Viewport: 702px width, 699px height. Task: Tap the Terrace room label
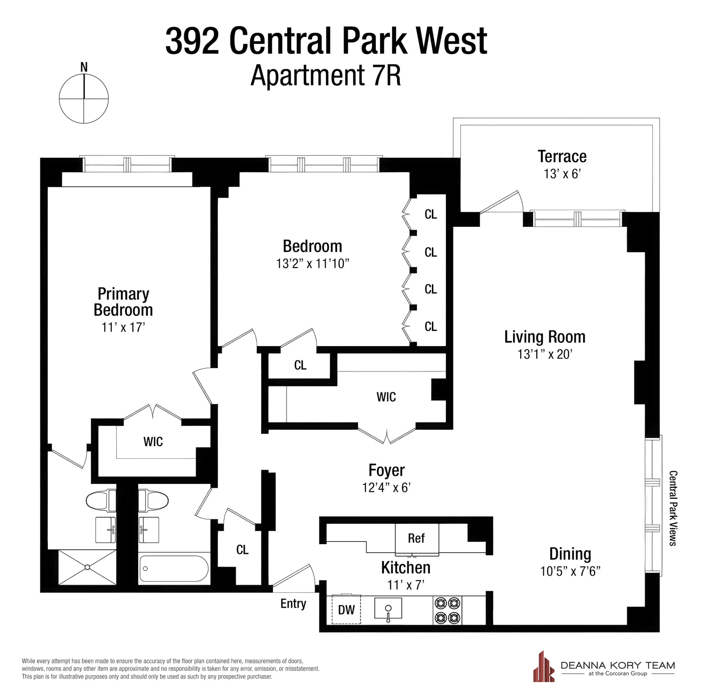[x=562, y=157]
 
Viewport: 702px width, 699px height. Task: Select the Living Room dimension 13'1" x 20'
[x=545, y=354]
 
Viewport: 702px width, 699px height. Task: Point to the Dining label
[x=570, y=554]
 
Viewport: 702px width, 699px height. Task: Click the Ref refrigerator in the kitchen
[x=416, y=538]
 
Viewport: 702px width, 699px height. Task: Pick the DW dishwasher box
[x=347, y=610]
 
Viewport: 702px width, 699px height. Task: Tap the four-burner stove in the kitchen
[x=447, y=610]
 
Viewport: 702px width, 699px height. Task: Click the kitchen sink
[x=388, y=609]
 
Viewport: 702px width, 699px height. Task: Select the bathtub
[x=174, y=569]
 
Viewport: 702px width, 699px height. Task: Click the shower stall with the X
[x=87, y=567]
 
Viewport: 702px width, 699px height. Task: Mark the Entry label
[x=293, y=604]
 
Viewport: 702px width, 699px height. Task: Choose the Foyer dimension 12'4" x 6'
[x=386, y=488]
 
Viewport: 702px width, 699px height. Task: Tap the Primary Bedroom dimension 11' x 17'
[x=123, y=328]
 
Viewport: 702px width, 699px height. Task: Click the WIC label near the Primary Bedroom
[x=153, y=442]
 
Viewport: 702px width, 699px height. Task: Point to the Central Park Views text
[x=673, y=508]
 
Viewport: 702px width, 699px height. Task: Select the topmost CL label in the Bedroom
[x=431, y=215]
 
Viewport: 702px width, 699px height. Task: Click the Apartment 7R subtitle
[x=326, y=76]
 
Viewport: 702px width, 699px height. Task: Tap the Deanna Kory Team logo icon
[x=543, y=667]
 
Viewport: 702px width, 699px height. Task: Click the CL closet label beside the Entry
[x=243, y=550]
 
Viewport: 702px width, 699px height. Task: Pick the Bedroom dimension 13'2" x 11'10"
[x=313, y=264]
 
